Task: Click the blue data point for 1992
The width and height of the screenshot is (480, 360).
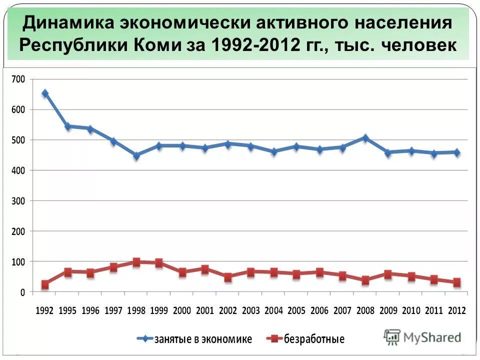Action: (x=45, y=93)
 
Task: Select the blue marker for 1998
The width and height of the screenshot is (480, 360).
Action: (x=136, y=155)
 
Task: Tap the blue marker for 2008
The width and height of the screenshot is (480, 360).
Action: (x=365, y=138)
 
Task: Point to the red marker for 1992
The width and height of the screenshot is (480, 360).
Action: (x=45, y=284)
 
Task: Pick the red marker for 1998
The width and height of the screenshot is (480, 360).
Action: (x=136, y=262)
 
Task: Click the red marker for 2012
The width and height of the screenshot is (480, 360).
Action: (x=456, y=282)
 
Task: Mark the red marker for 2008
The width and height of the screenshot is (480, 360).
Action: (x=365, y=280)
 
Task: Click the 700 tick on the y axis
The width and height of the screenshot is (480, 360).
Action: (x=17, y=79)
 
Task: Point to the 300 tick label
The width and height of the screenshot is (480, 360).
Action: (x=17, y=201)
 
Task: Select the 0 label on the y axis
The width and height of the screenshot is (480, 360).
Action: (x=22, y=292)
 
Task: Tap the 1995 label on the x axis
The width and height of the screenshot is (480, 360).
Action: (x=67, y=310)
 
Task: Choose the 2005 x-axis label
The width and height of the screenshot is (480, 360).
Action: (x=296, y=310)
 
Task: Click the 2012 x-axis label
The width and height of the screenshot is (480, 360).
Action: (x=456, y=310)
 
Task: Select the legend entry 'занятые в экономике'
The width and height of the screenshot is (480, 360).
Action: (x=195, y=339)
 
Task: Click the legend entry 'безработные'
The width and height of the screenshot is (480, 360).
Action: (x=305, y=339)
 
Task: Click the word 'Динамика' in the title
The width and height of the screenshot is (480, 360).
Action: (x=69, y=23)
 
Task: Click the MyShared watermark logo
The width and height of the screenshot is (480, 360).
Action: (x=422, y=336)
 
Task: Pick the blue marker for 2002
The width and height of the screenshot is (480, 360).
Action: (x=228, y=144)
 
